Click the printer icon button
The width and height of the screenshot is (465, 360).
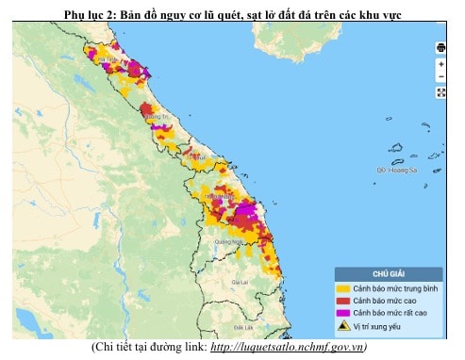pyautogui.click(x=440, y=47)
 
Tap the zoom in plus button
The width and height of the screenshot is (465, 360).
pyautogui.click(x=440, y=64)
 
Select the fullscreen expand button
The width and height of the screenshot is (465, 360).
pyautogui.click(x=440, y=91)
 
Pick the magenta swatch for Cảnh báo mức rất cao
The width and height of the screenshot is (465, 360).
pyautogui.click(x=344, y=312)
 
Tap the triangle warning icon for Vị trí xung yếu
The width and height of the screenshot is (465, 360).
pyautogui.click(x=344, y=326)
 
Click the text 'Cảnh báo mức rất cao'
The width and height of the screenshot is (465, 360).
pyautogui.click(x=390, y=312)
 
